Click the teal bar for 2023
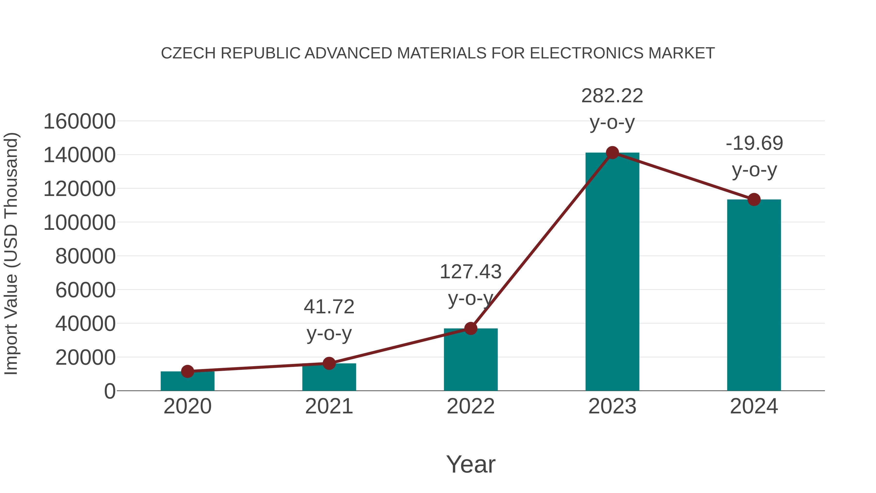[612, 272]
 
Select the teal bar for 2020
[187, 381]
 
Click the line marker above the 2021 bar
[329, 363]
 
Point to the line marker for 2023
[612, 153]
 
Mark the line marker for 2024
[754, 199]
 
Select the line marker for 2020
[187, 371]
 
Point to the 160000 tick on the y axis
[79, 121]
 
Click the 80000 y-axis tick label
[85, 256]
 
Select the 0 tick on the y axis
[110, 391]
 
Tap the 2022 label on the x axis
[471, 406]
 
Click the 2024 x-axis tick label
[754, 406]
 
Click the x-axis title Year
[471, 465]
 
